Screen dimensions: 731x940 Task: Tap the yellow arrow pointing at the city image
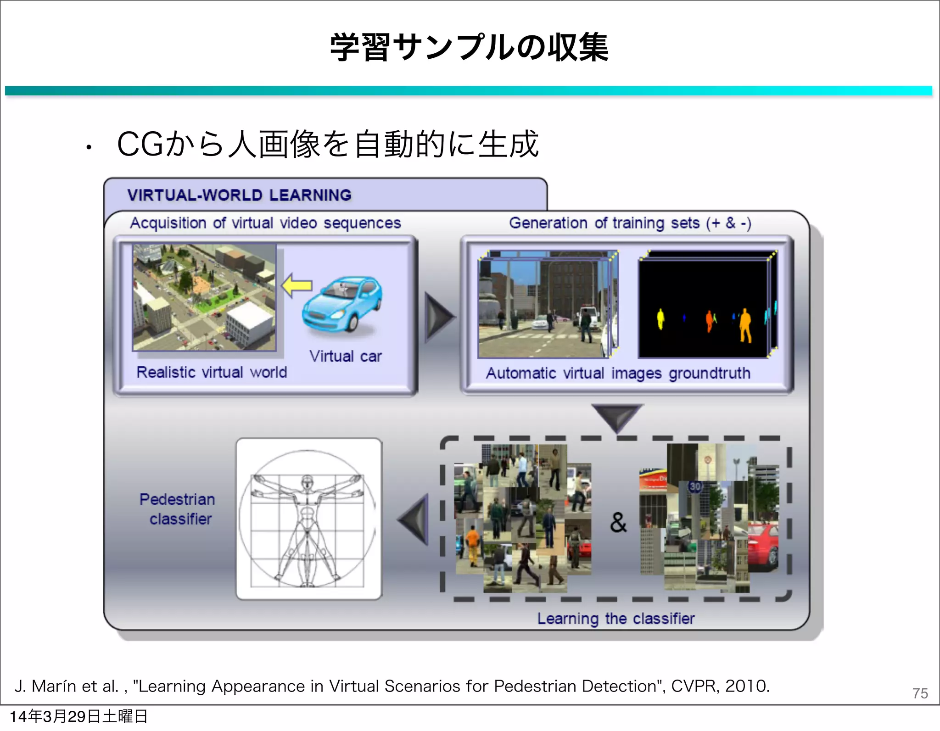click(297, 286)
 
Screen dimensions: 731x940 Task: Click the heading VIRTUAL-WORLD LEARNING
click(239, 195)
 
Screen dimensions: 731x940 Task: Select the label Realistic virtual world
click(212, 372)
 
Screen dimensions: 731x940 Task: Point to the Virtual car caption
click(345, 356)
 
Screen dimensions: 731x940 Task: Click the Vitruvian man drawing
click(308, 519)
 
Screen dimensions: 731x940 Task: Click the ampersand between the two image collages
click(618, 522)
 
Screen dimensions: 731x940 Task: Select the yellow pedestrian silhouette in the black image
click(660, 318)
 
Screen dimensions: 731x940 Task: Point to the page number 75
click(920, 693)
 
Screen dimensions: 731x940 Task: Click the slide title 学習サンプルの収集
click(469, 48)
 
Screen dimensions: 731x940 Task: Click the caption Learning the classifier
click(616, 619)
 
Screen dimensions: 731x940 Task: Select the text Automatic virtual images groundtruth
click(618, 373)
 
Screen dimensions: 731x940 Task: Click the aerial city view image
click(205, 297)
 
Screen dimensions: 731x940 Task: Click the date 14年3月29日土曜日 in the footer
click(78, 716)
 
